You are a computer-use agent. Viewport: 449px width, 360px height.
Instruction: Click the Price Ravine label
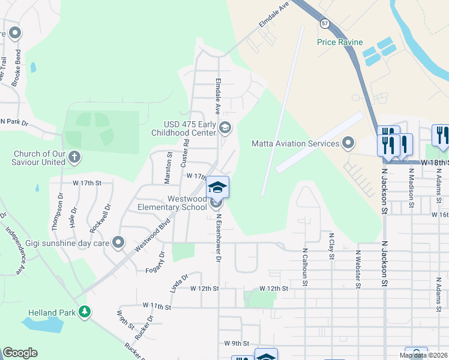click(x=340, y=42)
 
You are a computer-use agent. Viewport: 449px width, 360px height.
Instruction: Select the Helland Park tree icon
click(x=85, y=311)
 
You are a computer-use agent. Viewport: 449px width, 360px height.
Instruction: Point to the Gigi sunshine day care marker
click(x=119, y=243)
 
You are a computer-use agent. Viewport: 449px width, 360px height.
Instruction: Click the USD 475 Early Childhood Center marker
click(x=225, y=127)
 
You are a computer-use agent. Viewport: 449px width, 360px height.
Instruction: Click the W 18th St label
click(x=433, y=163)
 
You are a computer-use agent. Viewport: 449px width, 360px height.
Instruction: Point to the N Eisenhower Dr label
click(x=219, y=238)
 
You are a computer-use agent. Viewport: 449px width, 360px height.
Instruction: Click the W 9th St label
click(x=236, y=344)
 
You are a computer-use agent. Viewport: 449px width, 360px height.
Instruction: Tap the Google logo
click(x=20, y=353)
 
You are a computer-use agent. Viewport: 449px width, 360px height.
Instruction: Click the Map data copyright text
click(x=423, y=356)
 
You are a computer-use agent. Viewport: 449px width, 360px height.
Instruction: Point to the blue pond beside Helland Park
click(x=43, y=325)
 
